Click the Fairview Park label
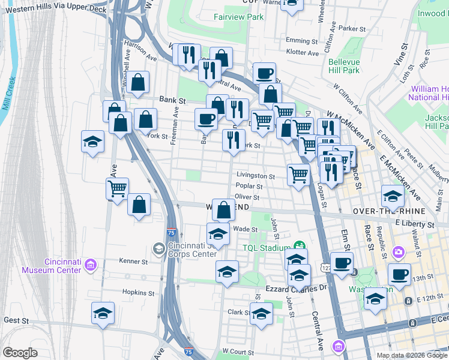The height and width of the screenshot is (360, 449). [239, 17]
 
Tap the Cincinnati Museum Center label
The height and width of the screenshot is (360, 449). [63, 266]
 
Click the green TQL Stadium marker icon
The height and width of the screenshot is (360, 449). [299, 246]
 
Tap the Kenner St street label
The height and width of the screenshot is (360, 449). [136, 262]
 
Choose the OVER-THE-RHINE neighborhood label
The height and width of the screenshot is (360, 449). [381, 212]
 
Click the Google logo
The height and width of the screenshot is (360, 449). [20, 353]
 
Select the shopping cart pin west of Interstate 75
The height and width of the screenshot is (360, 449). [118, 188]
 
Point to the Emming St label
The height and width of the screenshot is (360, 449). [301, 41]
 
